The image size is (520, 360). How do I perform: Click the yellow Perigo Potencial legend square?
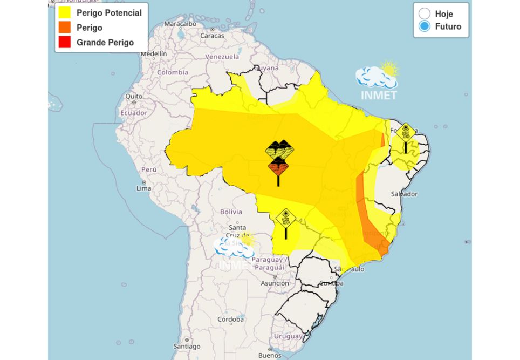[65, 13]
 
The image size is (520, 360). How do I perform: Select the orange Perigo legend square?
[65, 28]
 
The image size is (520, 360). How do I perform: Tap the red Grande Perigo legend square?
[65, 42]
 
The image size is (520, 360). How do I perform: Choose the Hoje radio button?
[425, 14]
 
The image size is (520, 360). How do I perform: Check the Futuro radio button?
[425, 26]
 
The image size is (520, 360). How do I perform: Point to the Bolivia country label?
[231, 212]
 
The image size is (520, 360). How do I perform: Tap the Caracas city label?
[212, 36]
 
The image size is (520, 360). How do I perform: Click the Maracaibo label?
[180, 24]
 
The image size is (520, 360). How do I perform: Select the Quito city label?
[134, 96]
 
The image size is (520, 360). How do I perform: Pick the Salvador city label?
[404, 193]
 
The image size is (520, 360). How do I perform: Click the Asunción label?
[275, 283]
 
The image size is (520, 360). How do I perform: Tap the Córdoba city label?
[231, 320]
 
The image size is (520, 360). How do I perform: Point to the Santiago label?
[187, 346]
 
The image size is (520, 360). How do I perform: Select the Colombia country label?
[173, 72]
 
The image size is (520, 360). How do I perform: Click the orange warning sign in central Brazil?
[278, 167]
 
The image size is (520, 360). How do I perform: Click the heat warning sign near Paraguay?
[285, 219]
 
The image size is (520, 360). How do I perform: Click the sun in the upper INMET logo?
[388, 69]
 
